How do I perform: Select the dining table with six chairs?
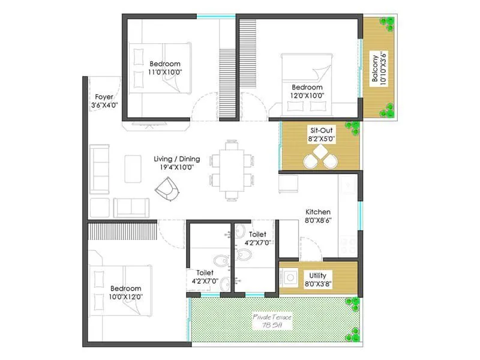(231, 170)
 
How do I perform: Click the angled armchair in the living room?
(167, 191)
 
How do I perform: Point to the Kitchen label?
(318, 212)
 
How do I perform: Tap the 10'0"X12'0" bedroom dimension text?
(125, 296)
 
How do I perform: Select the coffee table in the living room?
(133, 169)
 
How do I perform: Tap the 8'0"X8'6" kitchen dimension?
(318, 220)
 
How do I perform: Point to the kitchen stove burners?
(348, 243)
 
